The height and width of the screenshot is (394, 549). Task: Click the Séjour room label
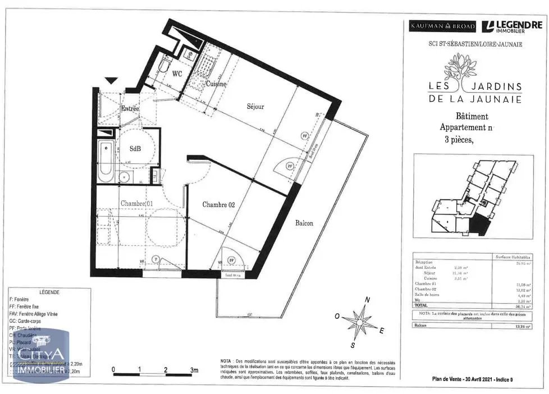255,106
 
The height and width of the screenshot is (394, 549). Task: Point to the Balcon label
304,223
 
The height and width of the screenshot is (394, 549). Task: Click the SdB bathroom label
135,149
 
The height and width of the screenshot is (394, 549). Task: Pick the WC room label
177,74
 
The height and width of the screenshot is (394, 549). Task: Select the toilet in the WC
164,67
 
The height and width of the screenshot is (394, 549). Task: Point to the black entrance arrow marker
112,81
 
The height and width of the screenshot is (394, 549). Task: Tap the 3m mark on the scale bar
194,370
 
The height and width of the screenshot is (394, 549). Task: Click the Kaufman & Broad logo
442,26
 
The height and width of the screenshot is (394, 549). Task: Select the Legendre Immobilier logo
512,26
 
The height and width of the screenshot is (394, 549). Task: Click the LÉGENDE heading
50,292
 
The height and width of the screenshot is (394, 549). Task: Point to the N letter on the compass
368,300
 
